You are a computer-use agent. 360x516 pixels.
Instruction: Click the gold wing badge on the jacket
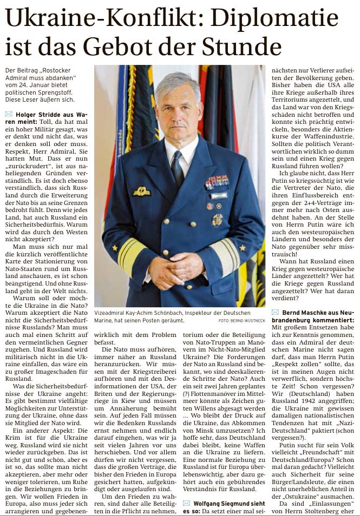tap(142, 191)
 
